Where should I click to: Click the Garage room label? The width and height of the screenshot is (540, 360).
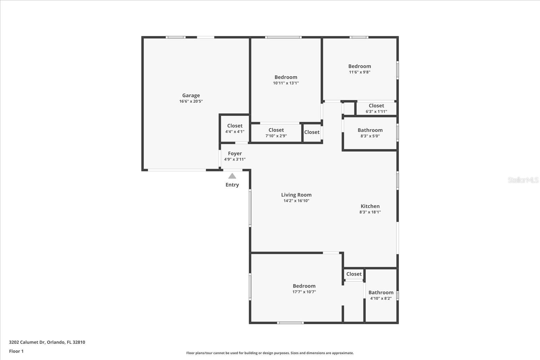191,95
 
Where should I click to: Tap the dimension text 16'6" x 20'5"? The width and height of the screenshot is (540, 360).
191,101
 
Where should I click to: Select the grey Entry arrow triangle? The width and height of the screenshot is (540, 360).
232,176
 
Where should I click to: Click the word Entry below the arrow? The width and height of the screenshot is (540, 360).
232,185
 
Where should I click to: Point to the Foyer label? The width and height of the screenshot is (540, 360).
235,154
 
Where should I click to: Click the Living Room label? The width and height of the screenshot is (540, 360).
296,195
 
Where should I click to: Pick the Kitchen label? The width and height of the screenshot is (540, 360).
370,206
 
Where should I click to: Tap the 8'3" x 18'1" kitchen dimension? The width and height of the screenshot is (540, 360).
370,212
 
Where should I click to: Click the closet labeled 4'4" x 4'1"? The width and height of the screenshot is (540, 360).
235,129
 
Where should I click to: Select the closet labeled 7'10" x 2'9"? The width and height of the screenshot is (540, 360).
276,133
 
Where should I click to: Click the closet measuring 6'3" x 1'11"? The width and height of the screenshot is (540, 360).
376,108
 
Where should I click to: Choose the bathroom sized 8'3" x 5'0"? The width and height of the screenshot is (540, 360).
370,133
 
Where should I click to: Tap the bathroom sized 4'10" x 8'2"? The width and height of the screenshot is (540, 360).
381,295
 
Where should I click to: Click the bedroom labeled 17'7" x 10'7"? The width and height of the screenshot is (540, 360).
304,289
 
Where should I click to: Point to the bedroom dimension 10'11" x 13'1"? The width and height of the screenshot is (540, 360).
286,83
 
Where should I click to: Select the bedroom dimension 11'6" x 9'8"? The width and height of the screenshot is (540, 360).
359,72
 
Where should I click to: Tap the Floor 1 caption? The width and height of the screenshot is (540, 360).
16,351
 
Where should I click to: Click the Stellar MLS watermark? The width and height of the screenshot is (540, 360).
523,180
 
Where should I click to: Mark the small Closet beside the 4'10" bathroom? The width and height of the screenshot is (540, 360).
354,274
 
